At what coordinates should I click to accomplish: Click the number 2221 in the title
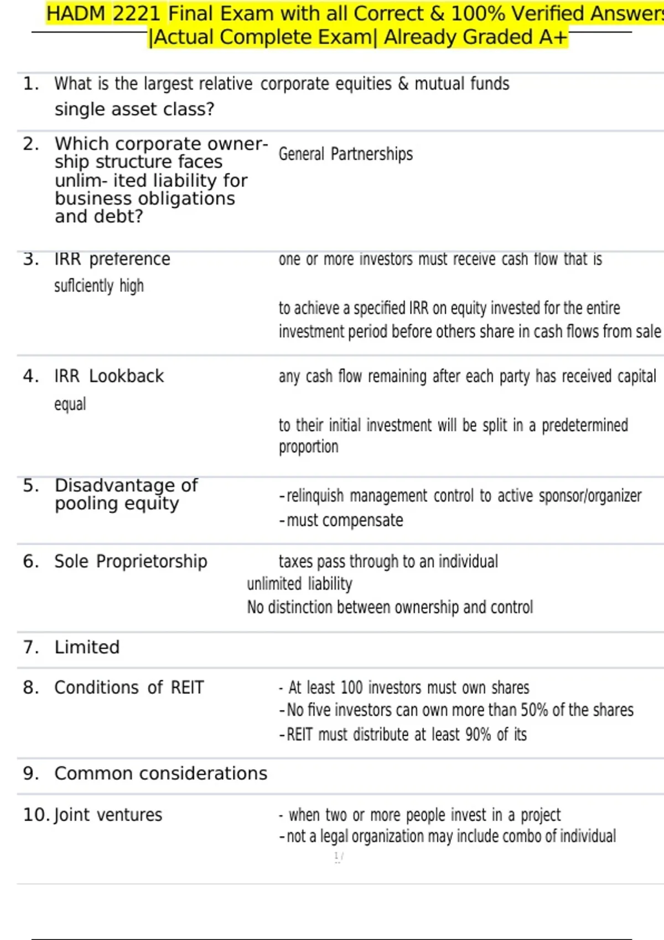(x=137, y=13)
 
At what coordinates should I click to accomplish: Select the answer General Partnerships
(x=345, y=154)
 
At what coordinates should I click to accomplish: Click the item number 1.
(x=30, y=84)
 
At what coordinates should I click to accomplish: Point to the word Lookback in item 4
(x=126, y=376)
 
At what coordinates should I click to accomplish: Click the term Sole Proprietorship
(x=131, y=561)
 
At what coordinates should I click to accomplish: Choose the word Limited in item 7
(x=87, y=647)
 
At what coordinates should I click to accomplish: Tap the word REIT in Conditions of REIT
(x=187, y=687)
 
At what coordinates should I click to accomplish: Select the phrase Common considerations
(x=160, y=773)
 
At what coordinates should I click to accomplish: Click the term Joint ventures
(x=108, y=814)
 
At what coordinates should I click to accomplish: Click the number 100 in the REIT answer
(x=351, y=687)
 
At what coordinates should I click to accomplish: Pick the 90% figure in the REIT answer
(x=478, y=734)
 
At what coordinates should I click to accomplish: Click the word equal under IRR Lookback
(x=70, y=404)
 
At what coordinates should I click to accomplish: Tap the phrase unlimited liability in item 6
(x=299, y=584)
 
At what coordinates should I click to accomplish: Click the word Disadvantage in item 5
(x=115, y=485)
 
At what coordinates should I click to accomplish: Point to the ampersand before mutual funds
(x=403, y=83)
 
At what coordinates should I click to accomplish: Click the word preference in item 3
(x=129, y=259)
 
